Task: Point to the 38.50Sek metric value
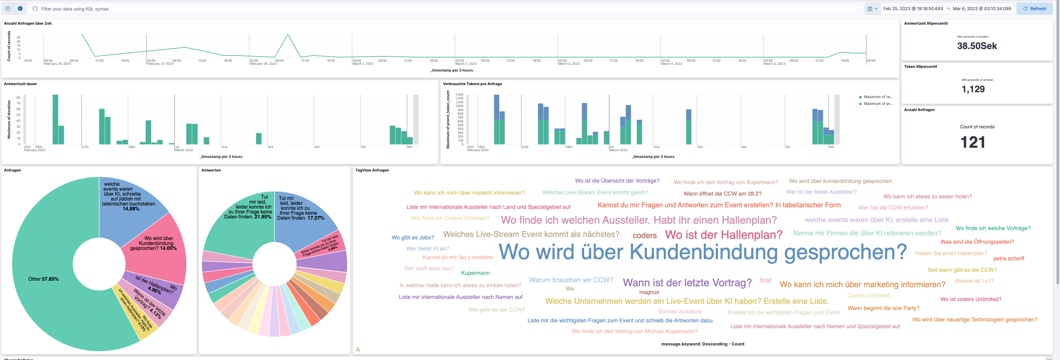(x=977, y=46)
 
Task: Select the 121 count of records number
(x=973, y=142)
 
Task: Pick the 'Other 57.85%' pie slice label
(x=43, y=279)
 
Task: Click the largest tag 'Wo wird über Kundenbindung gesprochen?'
(x=702, y=252)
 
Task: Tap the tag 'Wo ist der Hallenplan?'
(x=723, y=234)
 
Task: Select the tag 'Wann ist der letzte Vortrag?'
(x=687, y=283)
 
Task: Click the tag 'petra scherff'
(x=1008, y=259)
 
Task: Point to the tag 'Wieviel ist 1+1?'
(x=974, y=281)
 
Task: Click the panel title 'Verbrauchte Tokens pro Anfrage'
(x=472, y=84)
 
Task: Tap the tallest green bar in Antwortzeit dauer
(x=55, y=119)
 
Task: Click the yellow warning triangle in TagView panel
(x=358, y=349)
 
